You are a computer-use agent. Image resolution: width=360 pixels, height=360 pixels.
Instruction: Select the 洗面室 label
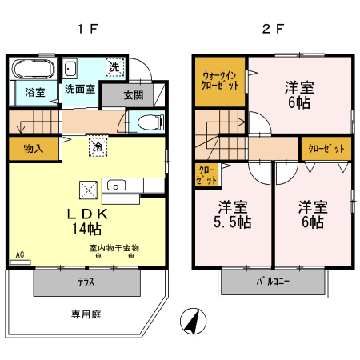click(x=80, y=90)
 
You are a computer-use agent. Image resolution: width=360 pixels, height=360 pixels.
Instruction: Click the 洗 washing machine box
click(x=115, y=68)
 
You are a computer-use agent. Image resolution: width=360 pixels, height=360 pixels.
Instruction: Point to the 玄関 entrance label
click(x=134, y=95)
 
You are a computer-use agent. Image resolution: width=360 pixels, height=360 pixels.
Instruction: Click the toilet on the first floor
click(x=146, y=122)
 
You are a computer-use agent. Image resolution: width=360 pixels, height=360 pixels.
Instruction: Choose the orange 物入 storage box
click(x=34, y=148)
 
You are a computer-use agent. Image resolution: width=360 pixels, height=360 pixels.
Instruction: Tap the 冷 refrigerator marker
click(x=98, y=147)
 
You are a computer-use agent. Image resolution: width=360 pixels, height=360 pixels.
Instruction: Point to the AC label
click(x=20, y=254)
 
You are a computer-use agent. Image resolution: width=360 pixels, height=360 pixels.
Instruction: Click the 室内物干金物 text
click(x=114, y=248)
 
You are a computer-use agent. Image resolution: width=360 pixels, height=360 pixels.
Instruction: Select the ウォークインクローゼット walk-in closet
click(x=218, y=81)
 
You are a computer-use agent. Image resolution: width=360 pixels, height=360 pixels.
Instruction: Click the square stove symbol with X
click(x=88, y=190)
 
